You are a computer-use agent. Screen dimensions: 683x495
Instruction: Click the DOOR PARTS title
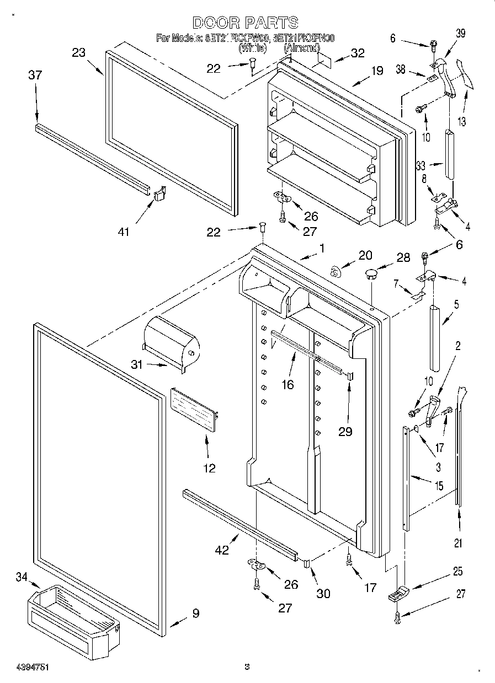click(x=246, y=22)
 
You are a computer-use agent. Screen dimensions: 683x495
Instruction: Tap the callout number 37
click(x=35, y=75)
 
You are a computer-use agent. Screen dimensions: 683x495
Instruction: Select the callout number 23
click(x=79, y=52)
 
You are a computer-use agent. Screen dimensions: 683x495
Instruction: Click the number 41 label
click(x=124, y=232)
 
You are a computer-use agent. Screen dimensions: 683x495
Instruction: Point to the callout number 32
click(x=358, y=53)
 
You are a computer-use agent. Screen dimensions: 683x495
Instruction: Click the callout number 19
click(x=376, y=71)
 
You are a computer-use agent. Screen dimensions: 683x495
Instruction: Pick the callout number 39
click(x=460, y=34)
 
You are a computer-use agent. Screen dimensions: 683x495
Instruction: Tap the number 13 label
click(x=461, y=122)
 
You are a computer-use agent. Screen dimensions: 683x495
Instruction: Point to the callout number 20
click(x=365, y=255)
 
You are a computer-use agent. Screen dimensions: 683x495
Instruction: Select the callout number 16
click(x=288, y=384)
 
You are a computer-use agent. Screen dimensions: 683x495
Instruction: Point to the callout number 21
click(x=457, y=543)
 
